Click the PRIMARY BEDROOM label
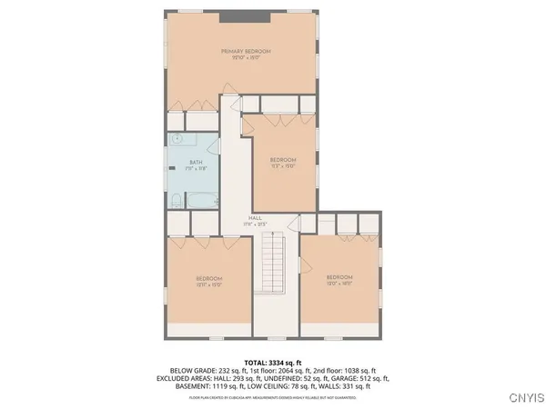(x=246, y=52)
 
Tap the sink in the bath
(x=178, y=139)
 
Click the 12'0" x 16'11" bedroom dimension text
(x=339, y=283)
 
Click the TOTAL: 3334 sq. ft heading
(x=272, y=362)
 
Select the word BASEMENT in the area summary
(x=187, y=385)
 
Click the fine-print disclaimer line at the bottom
(x=272, y=395)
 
